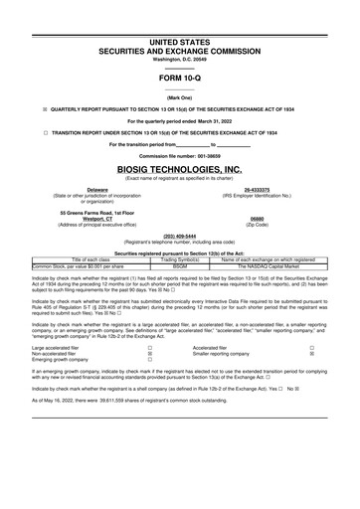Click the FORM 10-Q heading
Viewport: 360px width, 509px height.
(180, 78)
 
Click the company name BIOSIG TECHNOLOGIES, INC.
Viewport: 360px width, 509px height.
(180, 170)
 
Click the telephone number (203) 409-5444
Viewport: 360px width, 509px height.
(180, 237)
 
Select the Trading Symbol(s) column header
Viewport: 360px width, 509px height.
(179, 258)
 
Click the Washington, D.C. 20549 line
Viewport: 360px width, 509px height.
(180, 59)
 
